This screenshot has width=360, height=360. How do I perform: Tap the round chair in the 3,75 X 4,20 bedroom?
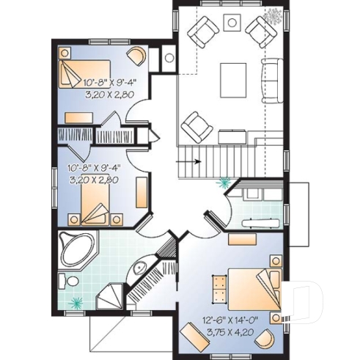pos(268,339)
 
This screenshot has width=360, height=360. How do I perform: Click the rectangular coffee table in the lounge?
pos(234,76)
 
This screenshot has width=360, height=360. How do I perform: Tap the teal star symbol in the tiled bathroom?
pos(76,301)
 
